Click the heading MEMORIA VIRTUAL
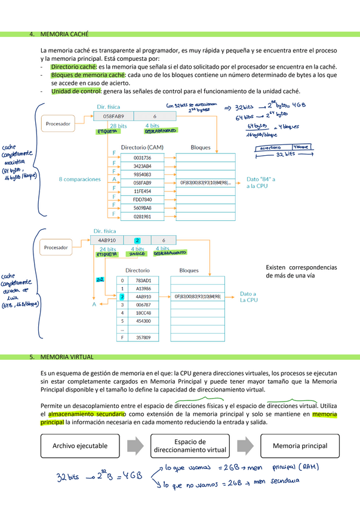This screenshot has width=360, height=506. [x=67, y=357]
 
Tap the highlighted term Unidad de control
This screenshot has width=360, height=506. [x=76, y=91]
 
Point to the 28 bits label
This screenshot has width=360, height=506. [x=118, y=126]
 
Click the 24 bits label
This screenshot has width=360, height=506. [x=107, y=249]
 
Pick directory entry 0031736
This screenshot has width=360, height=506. [x=143, y=158]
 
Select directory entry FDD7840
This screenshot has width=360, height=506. [x=143, y=199]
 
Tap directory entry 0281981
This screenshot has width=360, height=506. [x=143, y=216]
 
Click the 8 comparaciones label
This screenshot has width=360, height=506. [x=80, y=179]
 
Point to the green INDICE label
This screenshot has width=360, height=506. [x=137, y=254]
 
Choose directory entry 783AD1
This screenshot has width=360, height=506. [x=143, y=280]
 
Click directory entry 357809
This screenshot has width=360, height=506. [x=143, y=338]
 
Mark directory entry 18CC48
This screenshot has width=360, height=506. [x=143, y=313]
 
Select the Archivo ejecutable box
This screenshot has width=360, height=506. [x=80, y=446]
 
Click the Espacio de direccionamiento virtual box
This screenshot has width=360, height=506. [x=190, y=446]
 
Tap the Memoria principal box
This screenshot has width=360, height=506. [x=300, y=446]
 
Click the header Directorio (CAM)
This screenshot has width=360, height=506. [x=142, y=147]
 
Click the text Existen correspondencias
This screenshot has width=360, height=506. [x=301, y=267]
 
